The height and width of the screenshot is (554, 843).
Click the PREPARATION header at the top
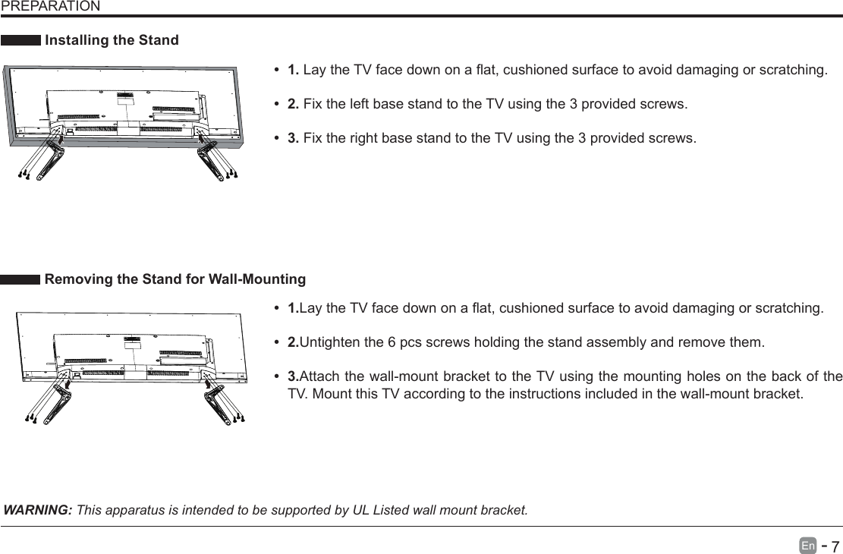pyautogui.click(x=50, y=7)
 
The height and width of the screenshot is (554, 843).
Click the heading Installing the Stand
pyautogui.click(x=112, y=40)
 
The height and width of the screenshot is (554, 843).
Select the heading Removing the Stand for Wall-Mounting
pyautogui.click(x=175, y=280)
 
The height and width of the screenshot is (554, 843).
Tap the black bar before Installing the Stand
pyautogui.click(x=20, y=40)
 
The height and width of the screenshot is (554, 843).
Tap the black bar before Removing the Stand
pyautogui.click(x=20, y=280)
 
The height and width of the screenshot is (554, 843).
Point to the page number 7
pyautogui.click(x=834, y=547)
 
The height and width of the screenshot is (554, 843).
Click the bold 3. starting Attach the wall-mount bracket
pyautogui.click(x=293, y=377)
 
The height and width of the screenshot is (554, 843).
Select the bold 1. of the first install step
pyautogui.click(x=293, y=71)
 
